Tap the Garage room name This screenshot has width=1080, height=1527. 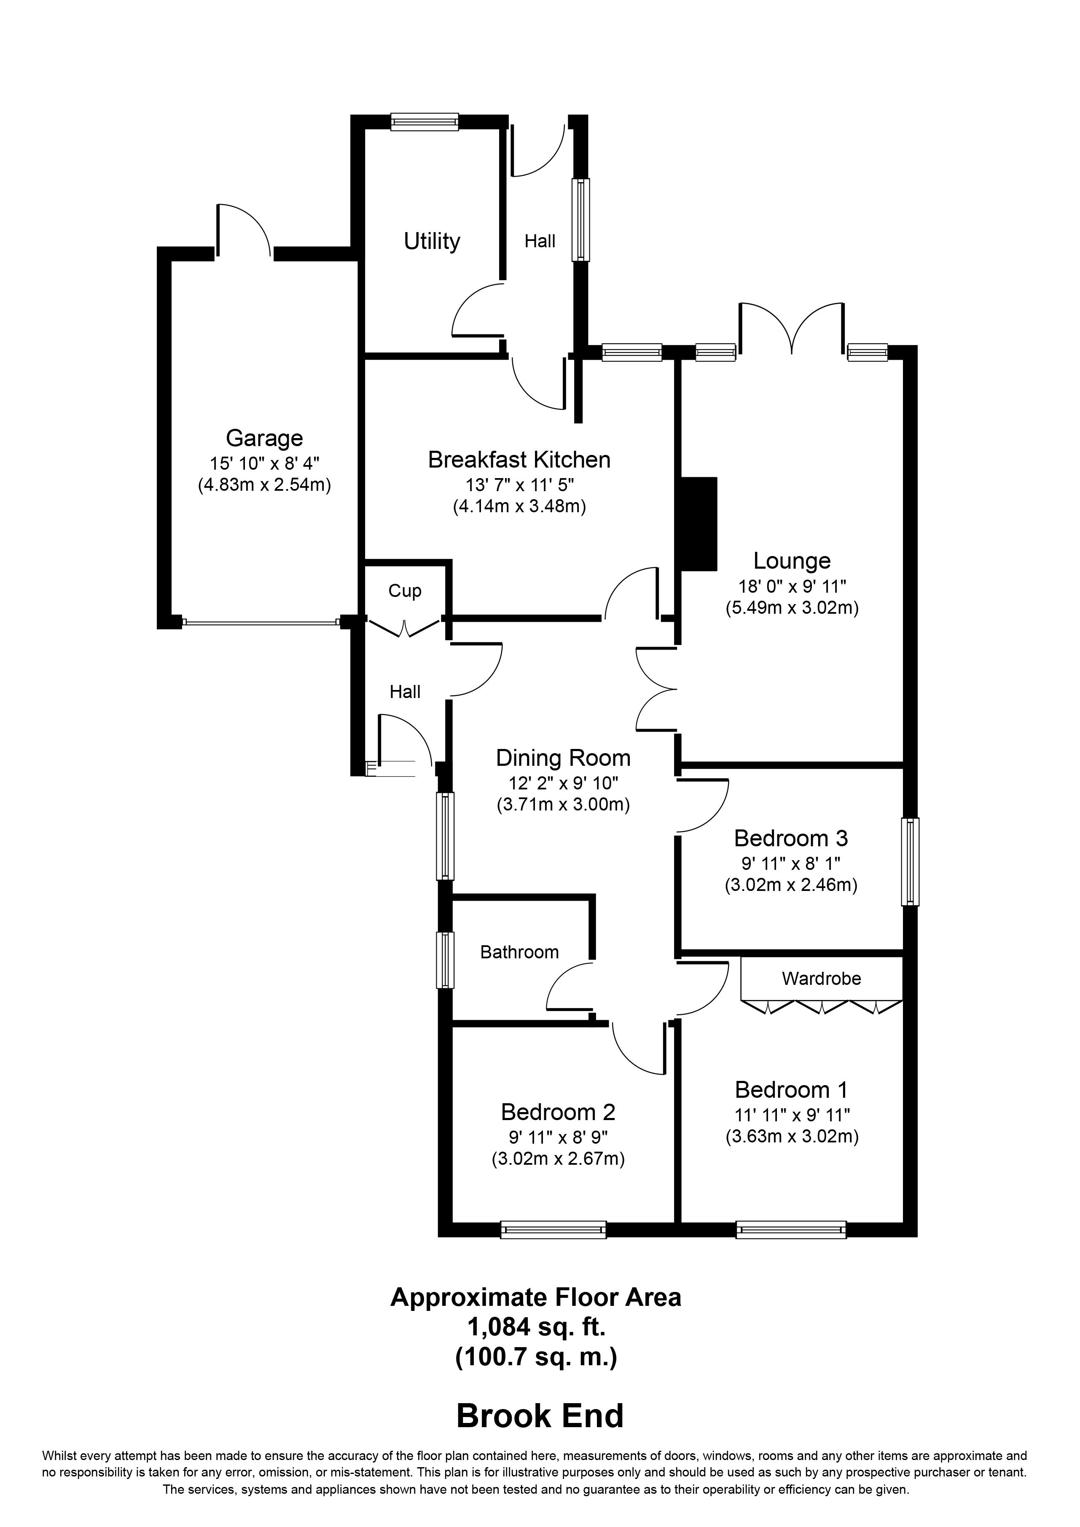point(264,438)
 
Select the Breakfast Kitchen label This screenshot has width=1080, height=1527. point(519,460)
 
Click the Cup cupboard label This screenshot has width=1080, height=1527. point(405,591)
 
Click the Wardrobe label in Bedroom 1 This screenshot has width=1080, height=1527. point(821,978)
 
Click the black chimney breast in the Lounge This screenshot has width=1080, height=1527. point(697,524)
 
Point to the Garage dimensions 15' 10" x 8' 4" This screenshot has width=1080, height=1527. point(265,463)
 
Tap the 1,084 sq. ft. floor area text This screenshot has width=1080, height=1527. point(536,1327)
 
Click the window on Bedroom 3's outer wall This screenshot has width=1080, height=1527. point(910,861)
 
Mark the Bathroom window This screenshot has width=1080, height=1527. point(445,960)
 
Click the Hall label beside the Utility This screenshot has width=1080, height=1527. point(540,241)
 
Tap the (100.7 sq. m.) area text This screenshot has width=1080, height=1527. point(536,1356)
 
